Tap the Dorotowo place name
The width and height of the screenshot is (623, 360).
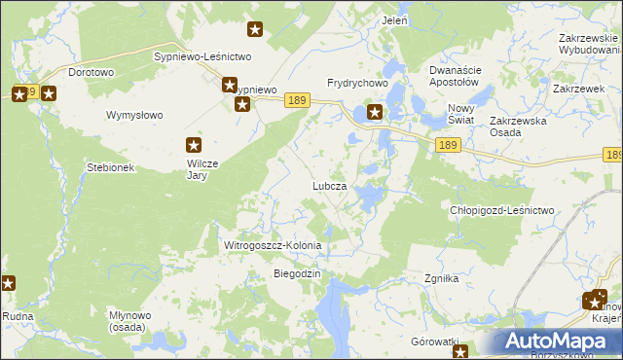pyautogui.click(x=92, y=72)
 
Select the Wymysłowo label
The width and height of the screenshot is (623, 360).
pyautogui.click(x=134, y=115)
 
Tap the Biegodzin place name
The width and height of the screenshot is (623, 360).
pyautogui.click(x=296, y=273)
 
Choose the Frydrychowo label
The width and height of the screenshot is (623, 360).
pyautogui.click(x=357, y=84)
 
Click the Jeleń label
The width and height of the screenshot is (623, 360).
pyautogui.click(x=395, y=20)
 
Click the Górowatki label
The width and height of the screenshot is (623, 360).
pyautogui.click(x=434, y=342)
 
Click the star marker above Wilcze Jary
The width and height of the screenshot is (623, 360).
pyautogui.click(x=196, y=146)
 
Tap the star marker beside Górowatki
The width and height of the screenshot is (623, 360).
pyautogui.click(x=461, y=352)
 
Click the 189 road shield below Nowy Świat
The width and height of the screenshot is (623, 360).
pyautogui.click(x=448, y=145)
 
